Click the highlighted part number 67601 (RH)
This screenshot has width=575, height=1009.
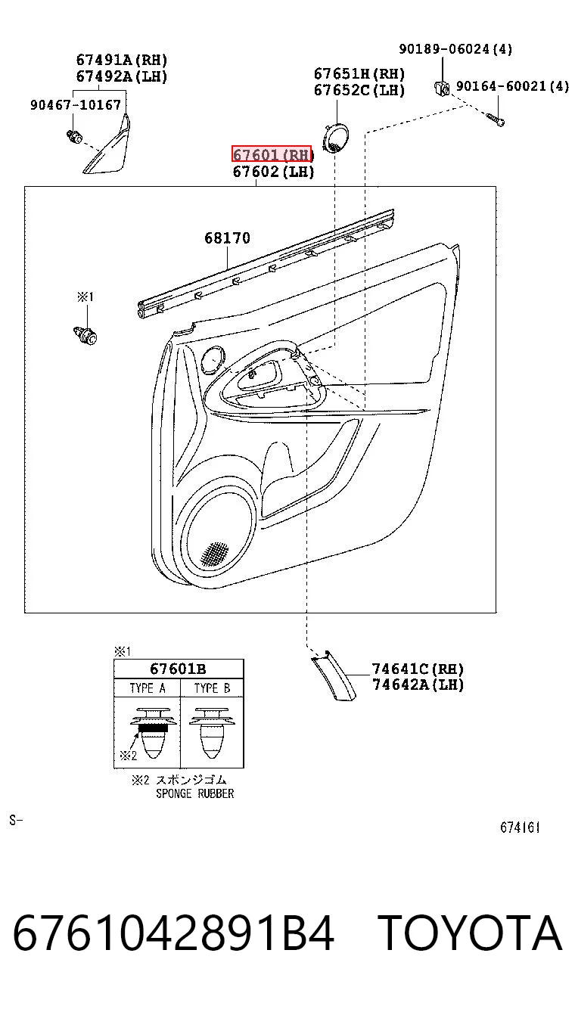click(x=272, y=154)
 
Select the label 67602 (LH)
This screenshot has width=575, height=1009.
click(x=273, y=171)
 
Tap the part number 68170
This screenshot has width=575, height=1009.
click(x=227, y=238)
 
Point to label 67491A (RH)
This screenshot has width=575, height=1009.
click(x=122, y=60)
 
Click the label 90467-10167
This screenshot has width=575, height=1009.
click(x=76, y=105)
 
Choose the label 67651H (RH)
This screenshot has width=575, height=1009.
click(x=359, y=73)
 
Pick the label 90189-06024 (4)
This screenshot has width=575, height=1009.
click(x=455, y=48)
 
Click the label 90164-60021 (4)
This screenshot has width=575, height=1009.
click(x=513, y=85)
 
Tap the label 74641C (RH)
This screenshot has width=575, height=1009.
click(x=418, y=669)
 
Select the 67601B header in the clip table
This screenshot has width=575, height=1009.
click(x=178, y=669)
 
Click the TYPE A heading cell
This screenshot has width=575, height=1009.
click(x=148, y=688)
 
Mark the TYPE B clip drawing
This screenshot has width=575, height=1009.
click(x=211, y=732)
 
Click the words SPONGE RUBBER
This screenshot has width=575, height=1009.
click(x=195, y=793)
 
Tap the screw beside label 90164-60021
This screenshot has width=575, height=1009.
click(x=495, y=119)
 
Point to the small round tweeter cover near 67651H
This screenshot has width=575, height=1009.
click(x=335, y=138)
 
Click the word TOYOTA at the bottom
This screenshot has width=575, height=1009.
click(x=469, y=933)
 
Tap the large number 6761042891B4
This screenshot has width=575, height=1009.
click(x=173, y=933)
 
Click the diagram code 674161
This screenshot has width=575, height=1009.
click(x=520, y=827)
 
